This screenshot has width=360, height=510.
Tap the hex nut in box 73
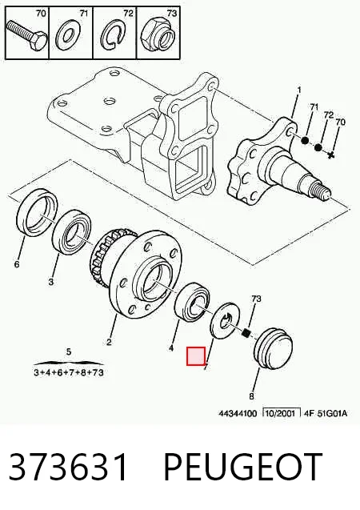click(158, 34)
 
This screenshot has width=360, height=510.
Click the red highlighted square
click(195, 355)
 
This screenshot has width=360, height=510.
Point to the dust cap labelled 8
click(273, 348)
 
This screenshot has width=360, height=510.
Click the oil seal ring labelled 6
click(36, 213)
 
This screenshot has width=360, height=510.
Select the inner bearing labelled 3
click(72, 232)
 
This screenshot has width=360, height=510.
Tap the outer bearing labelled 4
click(192, 303)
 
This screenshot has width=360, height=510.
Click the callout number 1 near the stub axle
click(299, 90)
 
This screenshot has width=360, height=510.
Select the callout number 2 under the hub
click(109, 342)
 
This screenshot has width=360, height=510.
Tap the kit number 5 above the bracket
click(68, 351)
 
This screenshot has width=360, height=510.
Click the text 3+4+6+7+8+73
click(69, 372)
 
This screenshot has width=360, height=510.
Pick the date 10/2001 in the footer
click(281, 413)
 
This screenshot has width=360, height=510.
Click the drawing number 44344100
click(238, 413)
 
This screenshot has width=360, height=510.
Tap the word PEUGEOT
click(243, 467)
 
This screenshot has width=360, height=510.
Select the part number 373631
click(67, 467)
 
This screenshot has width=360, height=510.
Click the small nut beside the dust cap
click(247, 333)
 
